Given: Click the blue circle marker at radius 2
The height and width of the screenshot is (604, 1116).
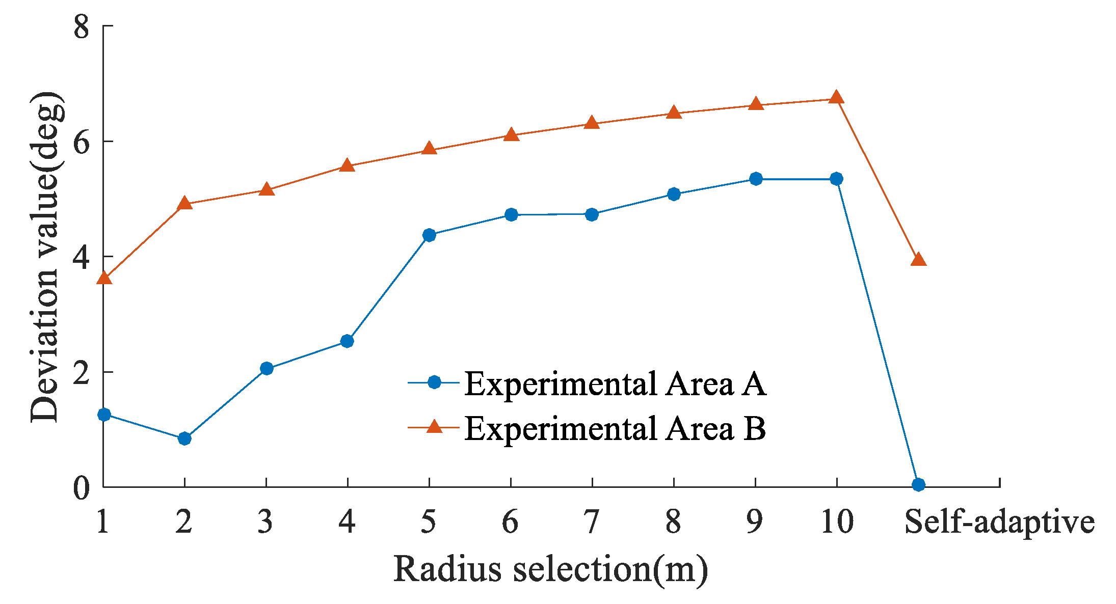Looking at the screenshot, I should (184, 438).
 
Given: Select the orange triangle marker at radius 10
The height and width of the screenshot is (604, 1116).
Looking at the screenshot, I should (836, 97).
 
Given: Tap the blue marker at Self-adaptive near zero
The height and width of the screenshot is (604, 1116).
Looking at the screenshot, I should (918, 484).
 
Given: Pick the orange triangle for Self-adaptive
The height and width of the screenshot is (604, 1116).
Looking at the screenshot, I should (918, 260).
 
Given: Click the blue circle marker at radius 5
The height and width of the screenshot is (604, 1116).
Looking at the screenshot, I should (429, 235).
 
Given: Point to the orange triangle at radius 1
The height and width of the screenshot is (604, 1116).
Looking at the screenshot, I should (104, 278).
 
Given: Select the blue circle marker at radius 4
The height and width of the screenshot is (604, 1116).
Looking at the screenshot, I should (347, 341).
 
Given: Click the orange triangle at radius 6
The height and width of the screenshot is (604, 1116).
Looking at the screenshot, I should (511, 135).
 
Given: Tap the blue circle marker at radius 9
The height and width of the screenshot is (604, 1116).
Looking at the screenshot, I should (756, 179).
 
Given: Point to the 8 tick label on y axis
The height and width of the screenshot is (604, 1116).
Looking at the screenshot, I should (82, 26).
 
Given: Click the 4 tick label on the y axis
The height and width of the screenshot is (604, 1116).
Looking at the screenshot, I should (82, 257).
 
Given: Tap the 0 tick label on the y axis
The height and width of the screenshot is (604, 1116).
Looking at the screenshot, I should (82, 488).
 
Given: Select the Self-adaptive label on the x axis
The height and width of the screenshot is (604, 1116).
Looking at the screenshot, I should (999, 522).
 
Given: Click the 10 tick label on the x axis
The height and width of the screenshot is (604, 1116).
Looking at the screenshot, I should (837, 522).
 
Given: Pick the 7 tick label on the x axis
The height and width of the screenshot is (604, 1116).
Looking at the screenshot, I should (591, 522).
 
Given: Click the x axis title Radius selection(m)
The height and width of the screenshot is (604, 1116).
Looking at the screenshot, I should (550, 569).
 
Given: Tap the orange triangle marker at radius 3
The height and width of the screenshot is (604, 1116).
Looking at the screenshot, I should (267, 190).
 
